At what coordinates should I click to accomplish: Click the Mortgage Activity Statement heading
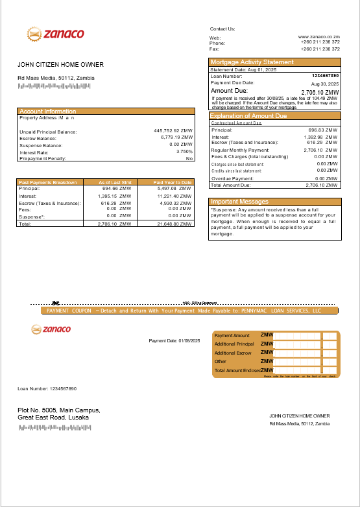click(x=252, y=62)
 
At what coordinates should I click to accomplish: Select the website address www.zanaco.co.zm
click(x=319, y=38)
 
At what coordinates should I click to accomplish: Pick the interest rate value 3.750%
click(x=184, y=151)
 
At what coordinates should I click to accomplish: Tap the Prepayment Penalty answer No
click(x=189, y=158)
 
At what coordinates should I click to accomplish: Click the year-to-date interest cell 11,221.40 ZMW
click(x=174, y=195)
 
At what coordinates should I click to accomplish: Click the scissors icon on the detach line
click(x=56, y=302)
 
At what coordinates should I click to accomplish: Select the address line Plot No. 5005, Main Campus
click(x=59, y=410)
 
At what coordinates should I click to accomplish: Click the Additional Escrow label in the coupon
click(x=233, y=353)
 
